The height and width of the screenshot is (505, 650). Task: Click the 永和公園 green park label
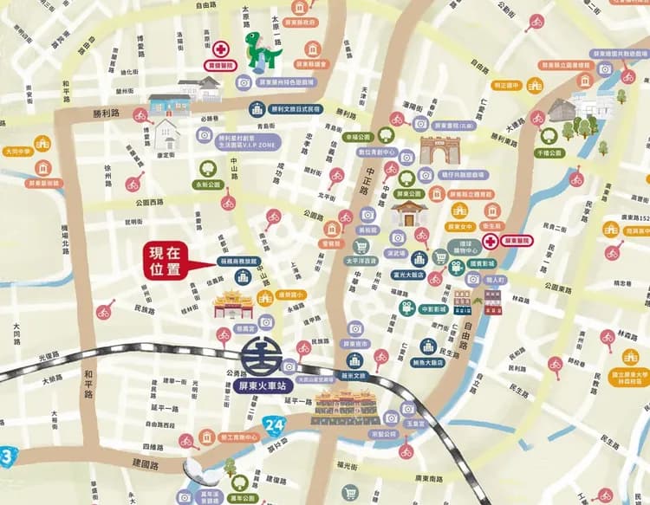[x=208, y=185]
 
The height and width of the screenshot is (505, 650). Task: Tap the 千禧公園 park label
[x=549, y=152]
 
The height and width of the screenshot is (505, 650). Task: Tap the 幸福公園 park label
[x=356, y=137]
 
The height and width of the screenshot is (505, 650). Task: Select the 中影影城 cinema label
[x=432, y=308]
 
